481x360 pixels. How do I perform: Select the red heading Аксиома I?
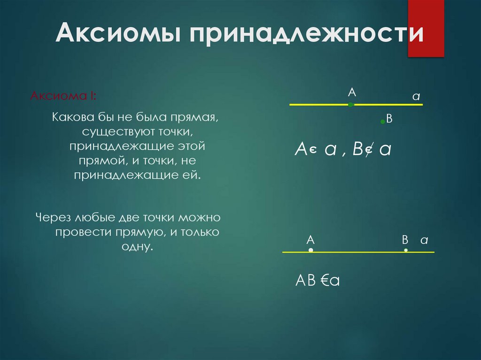tap(64, 96)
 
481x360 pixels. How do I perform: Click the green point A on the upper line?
tap(351, 105)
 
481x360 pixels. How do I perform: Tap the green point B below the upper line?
tap(383, 122)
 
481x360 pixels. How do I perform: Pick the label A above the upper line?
tap(351, 93)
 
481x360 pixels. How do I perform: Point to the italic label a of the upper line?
tap(416, 96)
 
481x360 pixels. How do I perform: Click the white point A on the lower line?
tap(311, 251)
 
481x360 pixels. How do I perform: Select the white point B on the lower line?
tap(406, 251)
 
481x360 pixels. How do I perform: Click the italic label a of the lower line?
tap(424, 240)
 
